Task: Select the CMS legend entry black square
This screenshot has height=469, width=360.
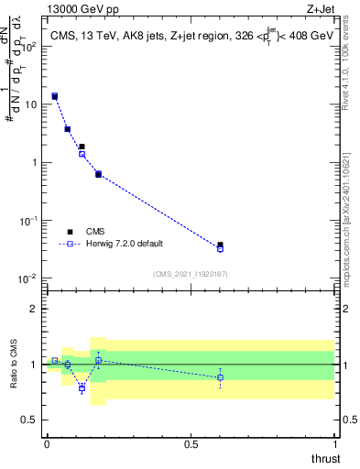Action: click(x=70, y=232)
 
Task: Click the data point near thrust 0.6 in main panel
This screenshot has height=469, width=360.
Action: click(x=220, y=246)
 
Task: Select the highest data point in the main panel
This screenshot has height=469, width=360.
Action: click(x=55, y=96)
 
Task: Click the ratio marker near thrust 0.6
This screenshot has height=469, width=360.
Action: click(x=220, y=377)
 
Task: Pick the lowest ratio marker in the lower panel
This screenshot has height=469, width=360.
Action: click(x=82, y=388)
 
